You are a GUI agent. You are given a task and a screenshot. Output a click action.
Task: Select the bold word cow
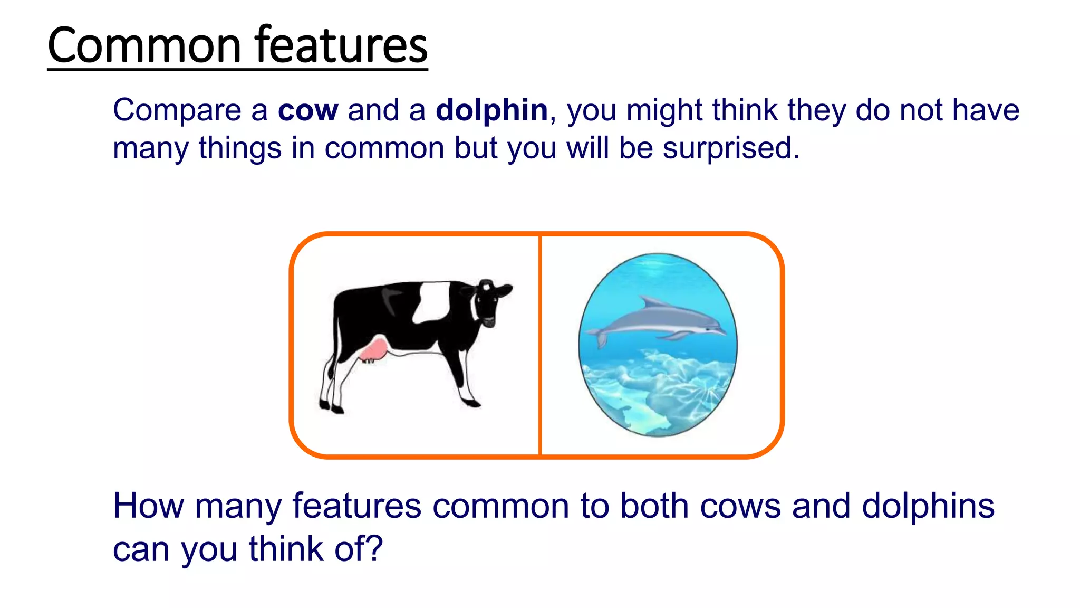[307, 111]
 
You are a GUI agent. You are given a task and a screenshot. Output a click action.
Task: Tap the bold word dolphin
[491, 111]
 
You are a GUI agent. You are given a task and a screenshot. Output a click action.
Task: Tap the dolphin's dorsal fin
[649, 302]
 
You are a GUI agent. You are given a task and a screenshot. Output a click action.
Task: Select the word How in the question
[148, 506]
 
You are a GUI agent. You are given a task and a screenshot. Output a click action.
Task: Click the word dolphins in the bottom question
[928, 506]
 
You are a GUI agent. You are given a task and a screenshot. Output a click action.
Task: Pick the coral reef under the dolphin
[659, 391]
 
